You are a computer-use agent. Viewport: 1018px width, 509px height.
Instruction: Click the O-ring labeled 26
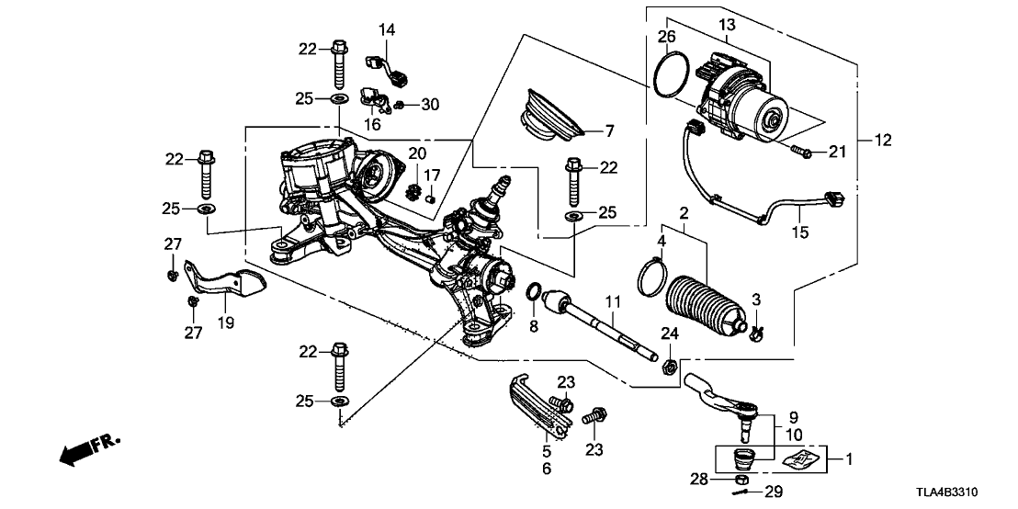[x=673, y=74]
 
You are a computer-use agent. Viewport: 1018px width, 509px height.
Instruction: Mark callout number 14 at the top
[x=387, y=31]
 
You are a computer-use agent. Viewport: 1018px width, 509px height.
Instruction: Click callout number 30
[x=431, y=105]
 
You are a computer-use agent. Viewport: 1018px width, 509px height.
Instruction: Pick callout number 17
[x=435, y=174]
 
